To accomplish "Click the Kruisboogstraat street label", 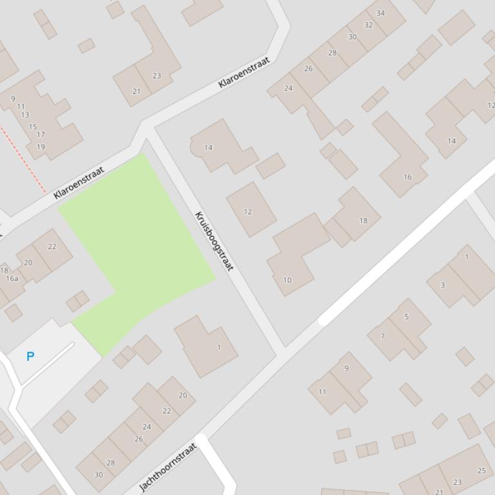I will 214,241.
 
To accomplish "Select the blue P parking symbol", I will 30,356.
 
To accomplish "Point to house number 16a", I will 12,278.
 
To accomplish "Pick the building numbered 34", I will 380,13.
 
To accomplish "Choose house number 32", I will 368,25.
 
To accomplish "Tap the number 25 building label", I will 481,471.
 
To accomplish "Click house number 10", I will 287,280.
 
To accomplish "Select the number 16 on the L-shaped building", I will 407,177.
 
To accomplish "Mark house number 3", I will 442,285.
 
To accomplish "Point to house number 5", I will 406,316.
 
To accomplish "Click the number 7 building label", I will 383,336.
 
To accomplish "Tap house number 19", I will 41,147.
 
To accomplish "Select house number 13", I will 25,115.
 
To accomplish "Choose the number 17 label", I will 41,135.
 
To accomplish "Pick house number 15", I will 33,127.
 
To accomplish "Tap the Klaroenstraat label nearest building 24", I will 243,73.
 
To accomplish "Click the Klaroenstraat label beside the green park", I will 79,183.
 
